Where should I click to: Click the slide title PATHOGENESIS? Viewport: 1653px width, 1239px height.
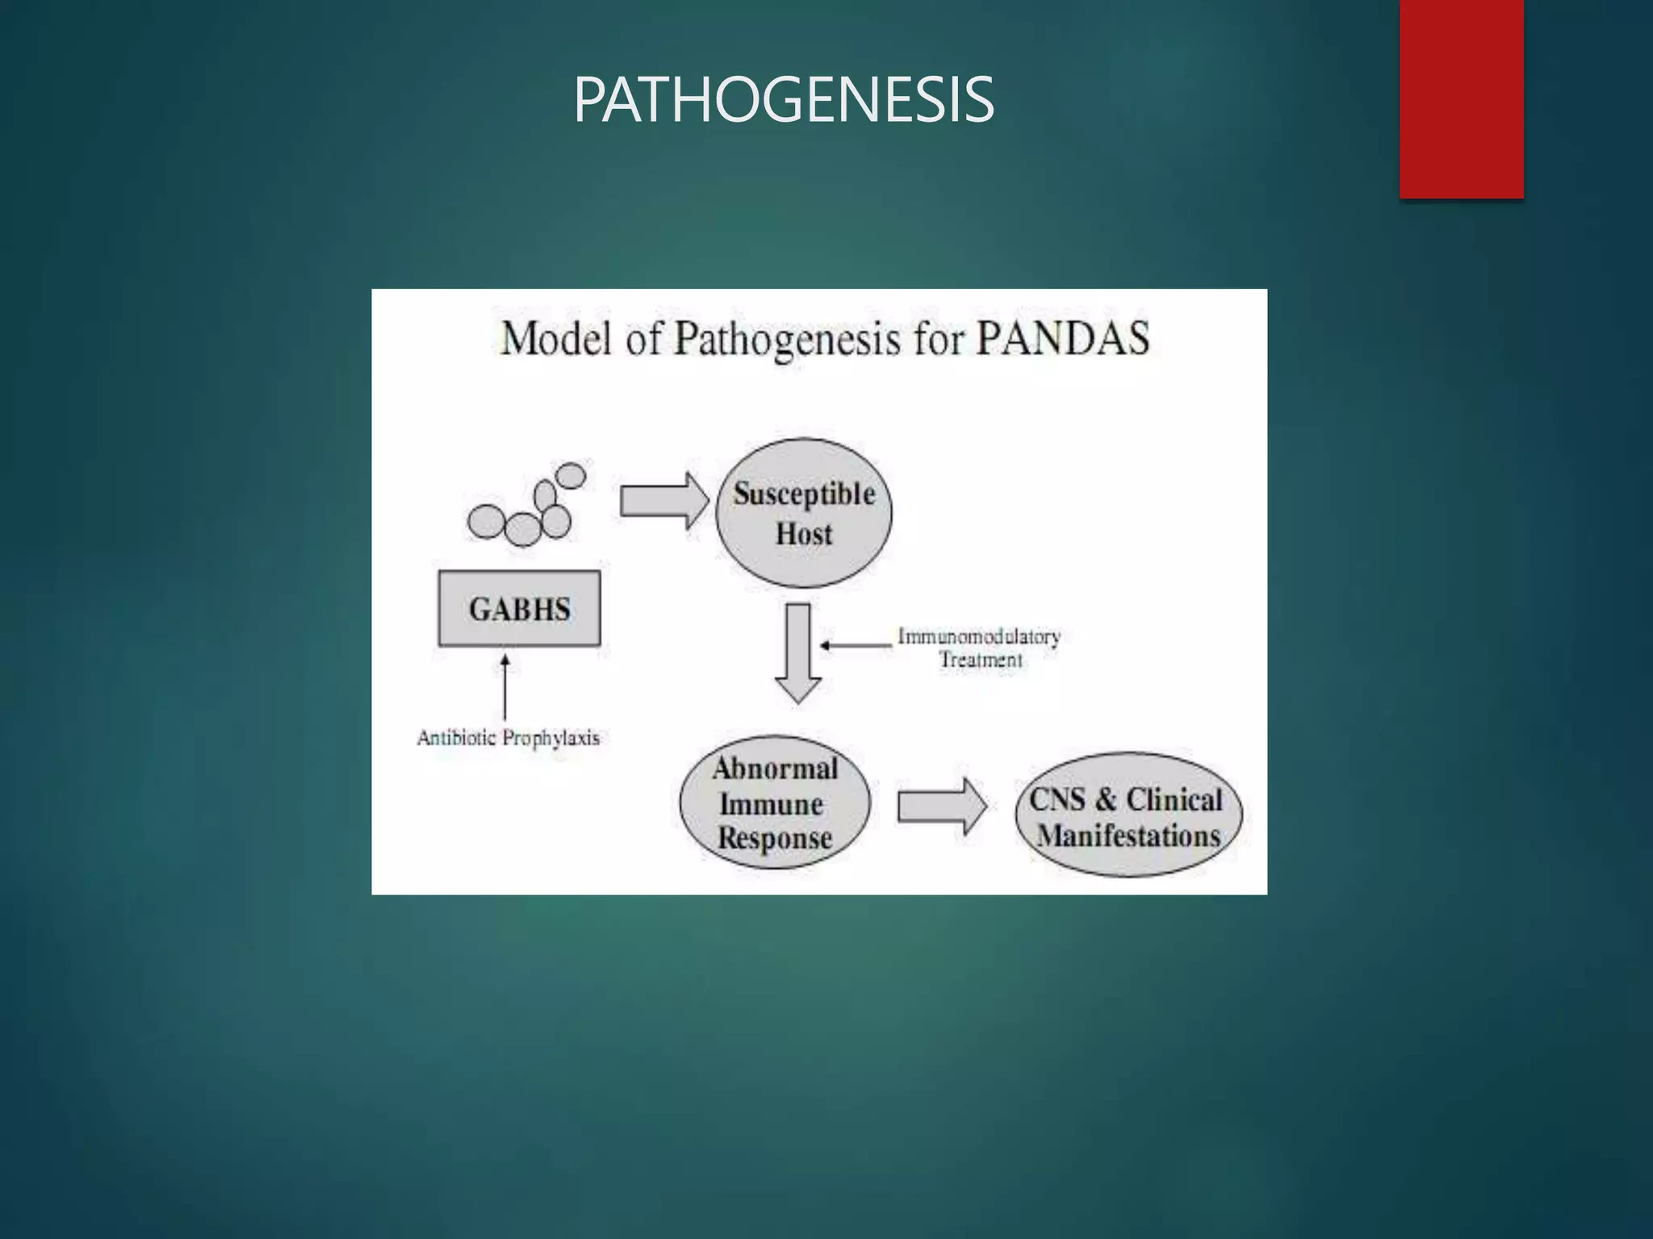coord(783,100)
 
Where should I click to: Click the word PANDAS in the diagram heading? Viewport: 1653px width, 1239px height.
coord(1062,338)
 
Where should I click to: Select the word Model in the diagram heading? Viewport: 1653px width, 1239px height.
coord(555,338)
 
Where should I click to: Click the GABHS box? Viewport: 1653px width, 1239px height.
coord(519,609)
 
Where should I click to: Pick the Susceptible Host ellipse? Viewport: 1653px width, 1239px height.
coord(804,513)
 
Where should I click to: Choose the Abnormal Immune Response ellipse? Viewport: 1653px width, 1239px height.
coord(775,803)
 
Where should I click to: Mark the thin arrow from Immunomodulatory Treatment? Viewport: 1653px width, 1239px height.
coord(856,645)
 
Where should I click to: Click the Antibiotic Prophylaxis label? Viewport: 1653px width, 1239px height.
coord(508,738)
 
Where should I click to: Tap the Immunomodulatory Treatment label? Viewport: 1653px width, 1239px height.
coord(979,648)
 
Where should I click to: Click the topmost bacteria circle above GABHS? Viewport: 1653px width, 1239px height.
coord(571,476)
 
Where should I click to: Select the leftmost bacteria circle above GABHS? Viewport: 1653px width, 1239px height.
coord(487,521)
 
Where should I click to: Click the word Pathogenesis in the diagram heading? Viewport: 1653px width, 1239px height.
coord(787,340)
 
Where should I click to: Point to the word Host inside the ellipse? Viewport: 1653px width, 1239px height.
coord(804,534)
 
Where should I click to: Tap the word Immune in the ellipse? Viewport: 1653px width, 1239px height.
coord(771,804)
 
